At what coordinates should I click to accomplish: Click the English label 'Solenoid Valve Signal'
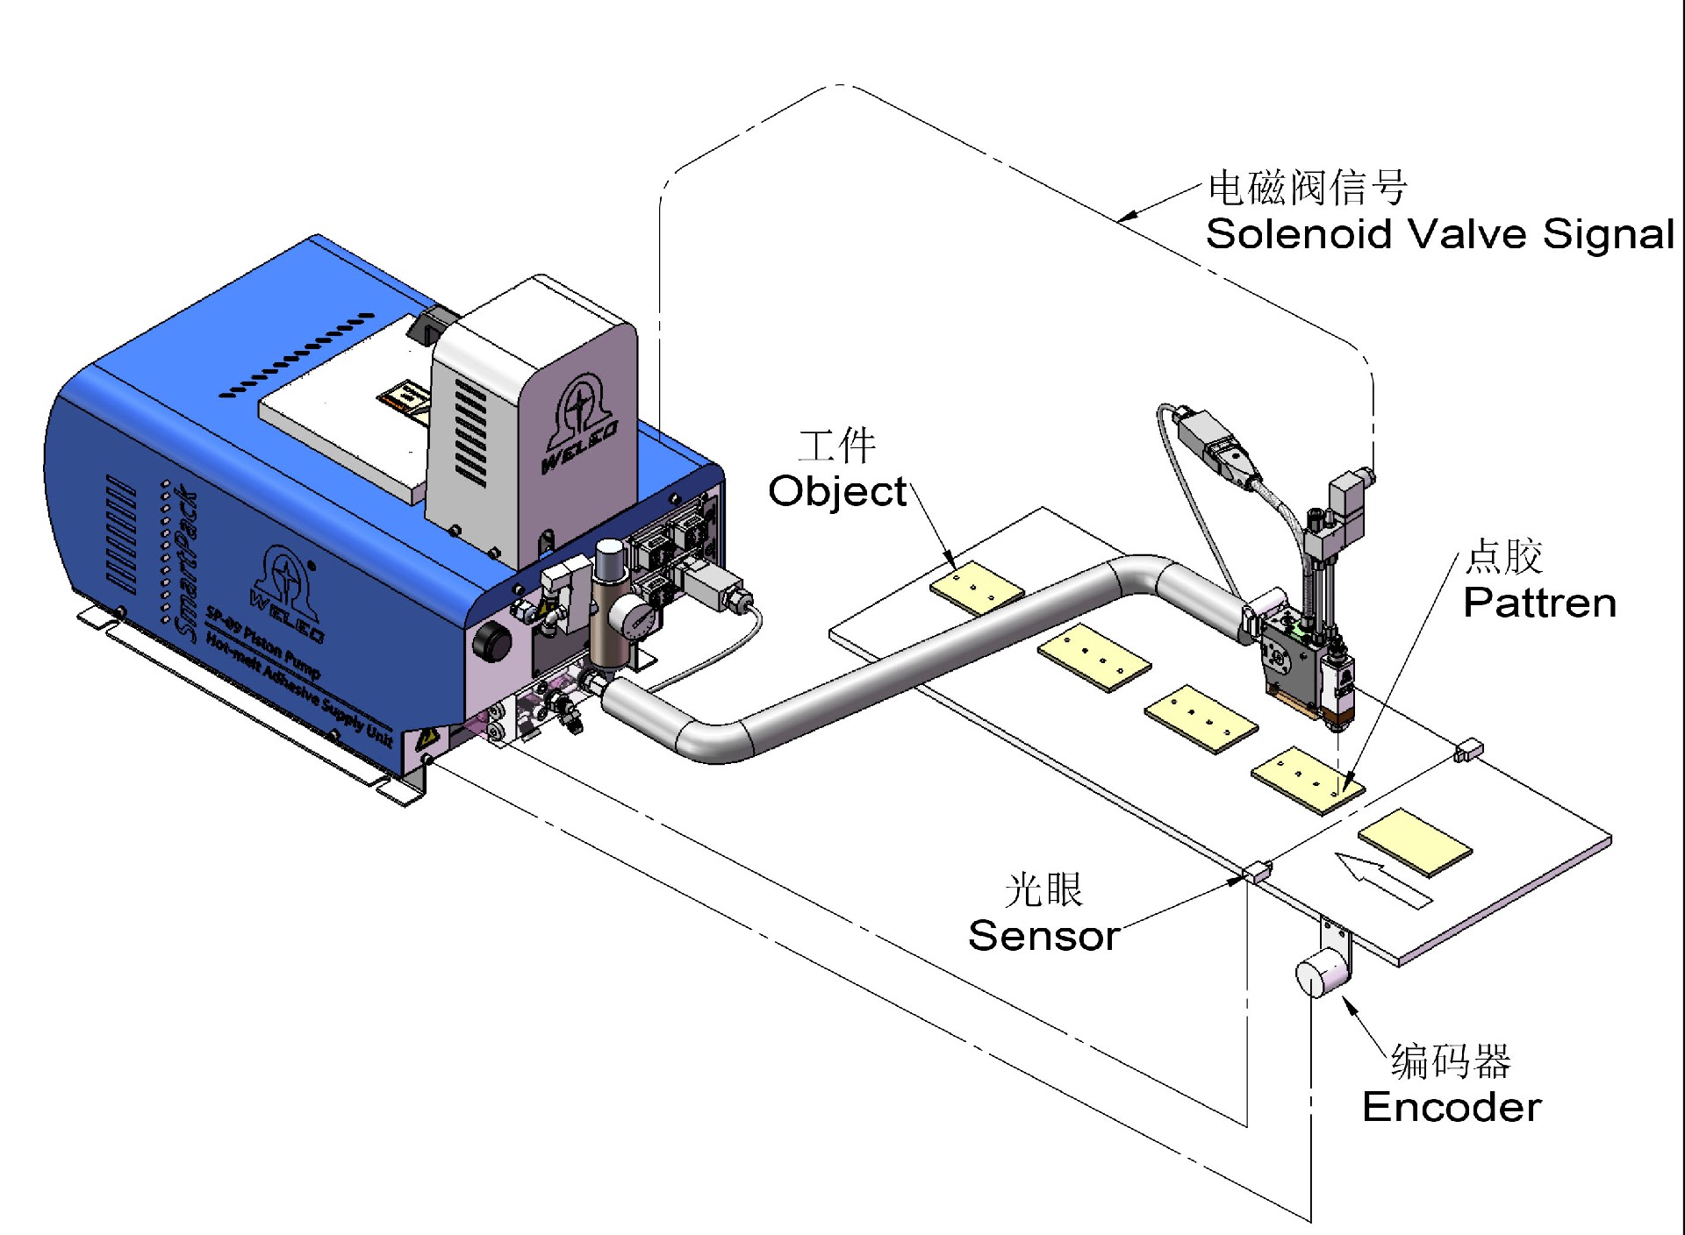click(1439, 234)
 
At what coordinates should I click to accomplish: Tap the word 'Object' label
click(837, 491)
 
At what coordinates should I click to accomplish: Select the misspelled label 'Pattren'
click(1539, 603)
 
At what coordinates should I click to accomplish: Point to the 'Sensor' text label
click(1043, 936)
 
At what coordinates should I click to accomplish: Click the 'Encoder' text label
click(1452, 1107)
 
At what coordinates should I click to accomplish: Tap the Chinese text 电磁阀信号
click(1308, 187)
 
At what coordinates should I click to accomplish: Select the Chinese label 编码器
click(1451, 1061)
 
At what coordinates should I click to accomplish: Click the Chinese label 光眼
click(1043, 890)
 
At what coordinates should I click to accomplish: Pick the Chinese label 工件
click(837, 446)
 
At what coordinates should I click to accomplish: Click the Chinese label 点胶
click(1504, 556)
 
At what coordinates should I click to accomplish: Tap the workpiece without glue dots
click(1415, 841)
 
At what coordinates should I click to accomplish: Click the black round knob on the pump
click(492, 644)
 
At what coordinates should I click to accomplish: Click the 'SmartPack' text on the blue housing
click(187, 561)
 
